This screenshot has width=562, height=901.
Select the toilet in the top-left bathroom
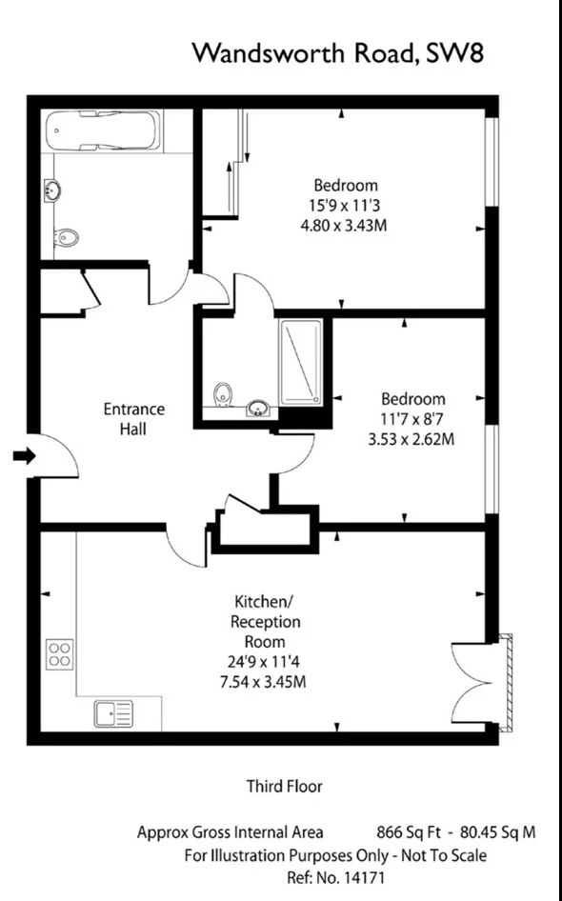pyautogui.click(x=64, y=236)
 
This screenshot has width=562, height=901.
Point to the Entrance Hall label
pyautogui.click(x=133, y=419)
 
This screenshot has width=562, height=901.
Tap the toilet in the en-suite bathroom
pyautogui.click(x=222, y=394)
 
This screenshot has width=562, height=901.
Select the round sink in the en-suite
pyautogui.click(x=257, y=410)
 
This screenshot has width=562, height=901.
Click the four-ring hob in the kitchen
pyautogui.click(x=59, y=656)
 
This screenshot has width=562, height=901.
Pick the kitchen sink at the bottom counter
pyautogui.click(x=113, y=712)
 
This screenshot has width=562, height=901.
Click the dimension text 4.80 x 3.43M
pyautogui.click(x=346, y=226)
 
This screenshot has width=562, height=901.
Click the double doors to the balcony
pyautogui.click(x=476, y=680)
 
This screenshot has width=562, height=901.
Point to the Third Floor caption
pyautogui.click(x=284, y=787)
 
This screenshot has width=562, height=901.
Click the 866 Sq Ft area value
pyautogui.click(x=411, y=832)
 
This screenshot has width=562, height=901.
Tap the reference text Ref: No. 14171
pyautogui.click(x=336, y=875)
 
